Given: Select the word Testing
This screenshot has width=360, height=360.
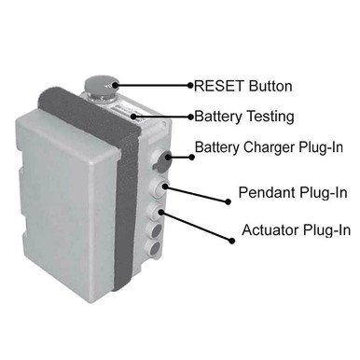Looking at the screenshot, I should point(269,118).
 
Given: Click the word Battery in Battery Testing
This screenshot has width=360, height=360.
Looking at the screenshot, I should point(218,118).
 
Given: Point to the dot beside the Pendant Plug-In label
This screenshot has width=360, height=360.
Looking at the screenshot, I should point(228,201).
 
